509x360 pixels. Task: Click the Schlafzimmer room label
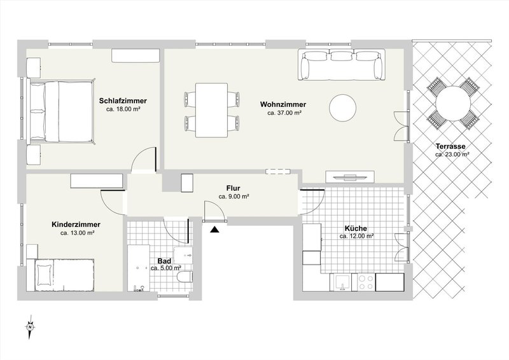pos(123,101)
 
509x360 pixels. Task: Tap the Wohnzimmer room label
pos(284,104)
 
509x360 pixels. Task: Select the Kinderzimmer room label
pos(77,225)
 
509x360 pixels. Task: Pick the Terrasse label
pos(452,146)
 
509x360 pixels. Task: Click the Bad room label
pos(164,260)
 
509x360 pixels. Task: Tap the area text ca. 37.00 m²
pos(284,113)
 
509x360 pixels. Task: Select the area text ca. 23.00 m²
pos(452,155)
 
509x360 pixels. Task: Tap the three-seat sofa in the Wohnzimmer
pos(344,66)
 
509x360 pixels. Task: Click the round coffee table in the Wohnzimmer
pos(344,107)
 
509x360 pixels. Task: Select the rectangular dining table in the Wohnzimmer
pos(212,109)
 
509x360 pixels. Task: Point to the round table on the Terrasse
pos(453,102)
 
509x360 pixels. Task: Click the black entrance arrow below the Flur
pos(215,230)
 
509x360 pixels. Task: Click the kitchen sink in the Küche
pos(342,280)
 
